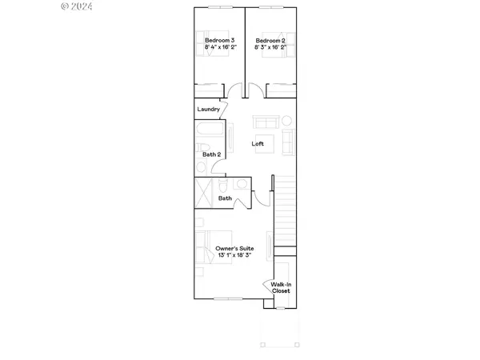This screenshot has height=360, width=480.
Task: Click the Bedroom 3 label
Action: [x=218, y=40]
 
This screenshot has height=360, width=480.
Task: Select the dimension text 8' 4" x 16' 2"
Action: [x=218, y=47]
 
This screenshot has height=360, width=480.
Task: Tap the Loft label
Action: [x=258, y=144]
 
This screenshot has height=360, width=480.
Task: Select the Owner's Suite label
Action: [x=234, y=249]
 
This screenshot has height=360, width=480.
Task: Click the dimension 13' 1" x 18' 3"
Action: [x=234, y=256]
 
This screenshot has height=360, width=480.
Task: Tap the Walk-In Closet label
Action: [x=281, y=287]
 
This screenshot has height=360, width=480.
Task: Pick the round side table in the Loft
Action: [x=286, y=121]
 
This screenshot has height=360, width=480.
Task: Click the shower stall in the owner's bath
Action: [x=206, y=193]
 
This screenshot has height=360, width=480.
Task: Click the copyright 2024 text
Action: [x=78, y=6]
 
